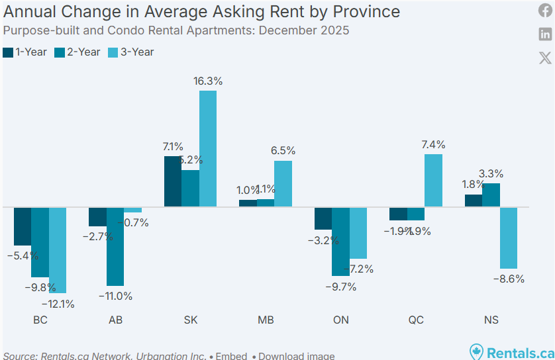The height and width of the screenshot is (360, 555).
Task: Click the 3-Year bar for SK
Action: click(x=208, y=148)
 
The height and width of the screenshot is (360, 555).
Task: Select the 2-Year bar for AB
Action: click(x=115, y=246)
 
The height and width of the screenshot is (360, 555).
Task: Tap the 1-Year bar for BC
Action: click(x=23, y=226)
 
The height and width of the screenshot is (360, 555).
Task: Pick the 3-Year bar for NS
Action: click(x=509, y=238)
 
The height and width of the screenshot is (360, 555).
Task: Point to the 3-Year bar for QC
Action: click(x=434, y=180)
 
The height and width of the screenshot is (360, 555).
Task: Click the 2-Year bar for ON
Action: click(x=340, y=241)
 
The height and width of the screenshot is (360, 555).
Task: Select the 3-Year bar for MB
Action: click(x=283, y=183)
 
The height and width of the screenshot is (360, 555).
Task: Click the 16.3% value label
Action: click(x=208, y=81)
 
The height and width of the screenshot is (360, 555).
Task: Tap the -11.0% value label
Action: click(x=116, y=296)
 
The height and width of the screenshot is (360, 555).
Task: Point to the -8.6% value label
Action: click(x=509, y=279)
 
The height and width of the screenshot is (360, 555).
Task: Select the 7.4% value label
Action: click(x=433, y=145)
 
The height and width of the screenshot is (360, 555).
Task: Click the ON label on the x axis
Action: click(x=340, y=320)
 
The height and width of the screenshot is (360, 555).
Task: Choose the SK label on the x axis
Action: click(x=190, y=320)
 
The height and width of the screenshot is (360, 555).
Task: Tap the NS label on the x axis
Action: click(x=491, y=320)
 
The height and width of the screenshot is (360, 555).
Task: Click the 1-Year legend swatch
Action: click(x=9, y=52)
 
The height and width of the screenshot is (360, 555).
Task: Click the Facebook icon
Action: click(x=545, y=11)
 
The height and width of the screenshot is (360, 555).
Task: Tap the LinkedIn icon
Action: click(x=545, y=34)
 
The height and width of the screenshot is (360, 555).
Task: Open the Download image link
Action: click(x=296, y=356)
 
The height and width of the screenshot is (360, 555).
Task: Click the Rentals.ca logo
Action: click(x=511, y=352)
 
